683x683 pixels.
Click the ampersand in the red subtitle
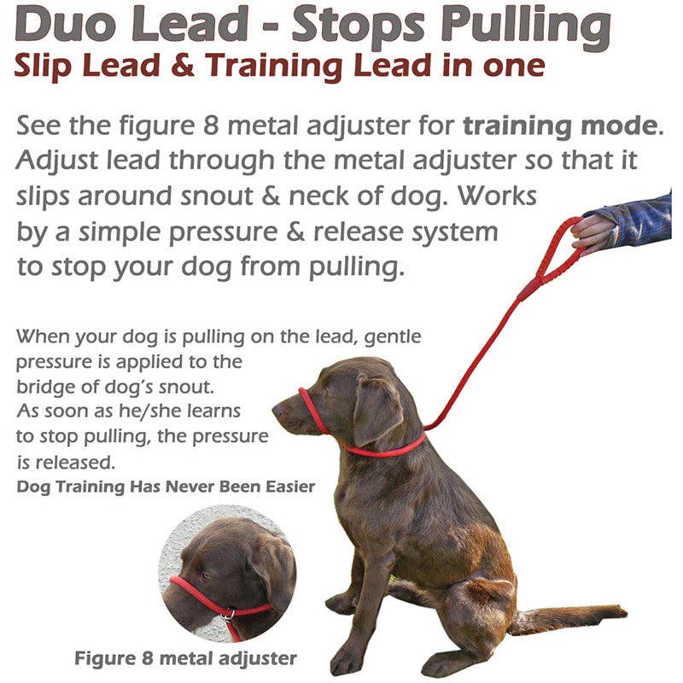pyautogui.click(x=214, y=67)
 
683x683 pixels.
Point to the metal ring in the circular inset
pyautogui.click(x=228, y=613)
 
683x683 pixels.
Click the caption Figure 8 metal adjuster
pyautogui.click(x=185, y=658)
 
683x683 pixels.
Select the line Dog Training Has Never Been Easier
pyautogui.click(x=166, y=487)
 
